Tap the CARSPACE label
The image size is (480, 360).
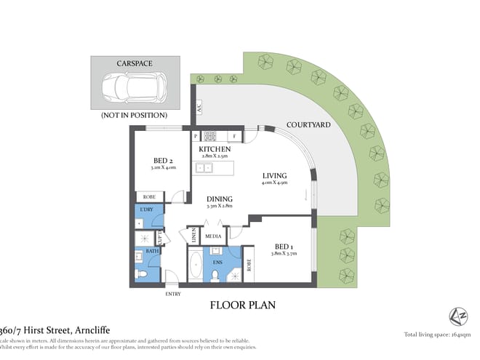coord(135,63)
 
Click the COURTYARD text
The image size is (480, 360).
coord(308,125)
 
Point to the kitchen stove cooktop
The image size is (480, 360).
coord(212,135)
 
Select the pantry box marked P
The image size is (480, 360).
coord(195,135)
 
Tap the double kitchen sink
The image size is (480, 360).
coord(204,168)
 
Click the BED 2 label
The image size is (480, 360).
coord(163,161)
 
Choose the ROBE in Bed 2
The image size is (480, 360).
coord(148,196)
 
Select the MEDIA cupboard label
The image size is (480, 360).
coord(213,236)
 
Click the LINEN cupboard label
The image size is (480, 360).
coord(194,235)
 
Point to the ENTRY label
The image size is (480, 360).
coord(174,294)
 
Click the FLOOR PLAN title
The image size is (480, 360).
coord(243,305)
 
